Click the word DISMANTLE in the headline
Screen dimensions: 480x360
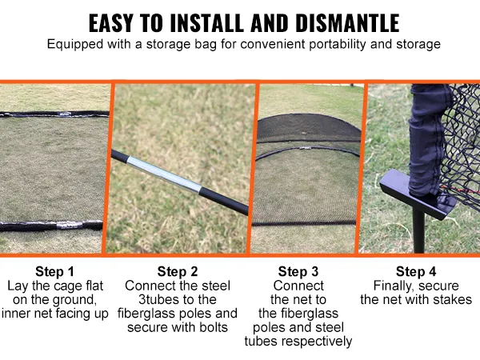tap(347, 22)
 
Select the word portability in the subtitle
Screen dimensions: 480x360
tap(338, 44)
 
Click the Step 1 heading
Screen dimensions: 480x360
tap(54, 271)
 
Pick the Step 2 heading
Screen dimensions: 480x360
tap(178, 271)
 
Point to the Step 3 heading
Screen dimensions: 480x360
tap(298, 271)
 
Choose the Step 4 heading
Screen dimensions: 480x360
tap(416, 271)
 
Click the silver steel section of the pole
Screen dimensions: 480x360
tap(164, 175)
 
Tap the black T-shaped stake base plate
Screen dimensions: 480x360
tap(417, 195)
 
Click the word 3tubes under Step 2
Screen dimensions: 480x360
tap(160, 299)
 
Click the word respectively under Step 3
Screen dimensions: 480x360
tap(317, 342)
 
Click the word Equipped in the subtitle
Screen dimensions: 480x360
tap(75, 44)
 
